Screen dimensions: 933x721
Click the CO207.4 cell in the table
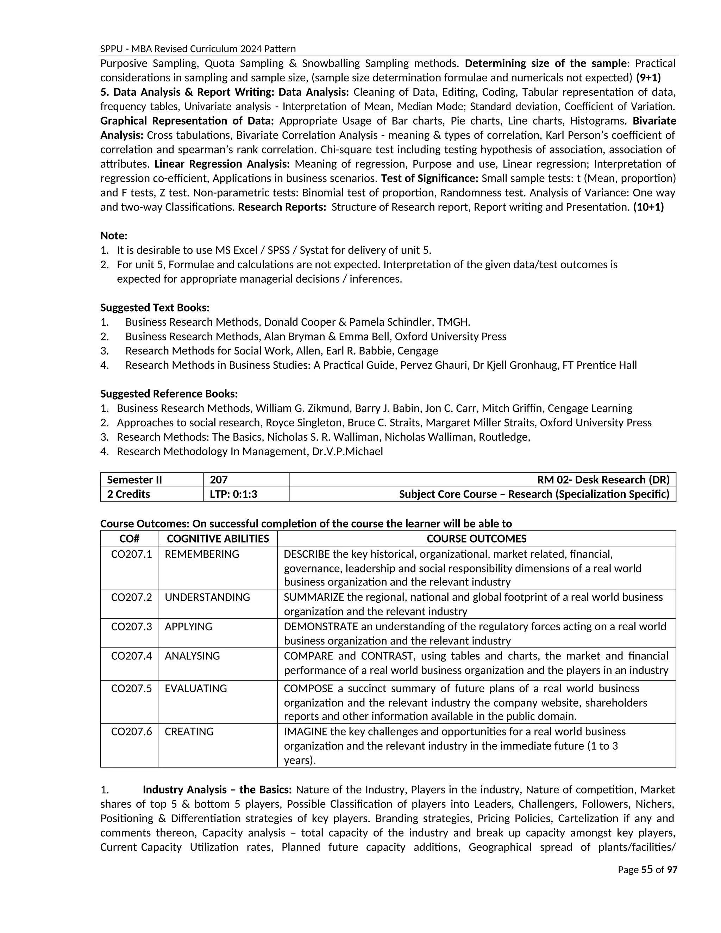coord(131,656)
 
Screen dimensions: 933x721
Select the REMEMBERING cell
coord(202,554)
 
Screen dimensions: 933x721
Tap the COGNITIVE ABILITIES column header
coord(218,539)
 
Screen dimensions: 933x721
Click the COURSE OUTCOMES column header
coord(476,539)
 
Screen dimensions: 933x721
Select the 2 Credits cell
coord(128,494)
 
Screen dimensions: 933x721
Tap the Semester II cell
coord(134,480)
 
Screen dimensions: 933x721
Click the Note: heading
coord(114,236)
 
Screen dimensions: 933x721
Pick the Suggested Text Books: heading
coord(155,308)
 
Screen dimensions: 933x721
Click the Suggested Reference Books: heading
coord(169,394)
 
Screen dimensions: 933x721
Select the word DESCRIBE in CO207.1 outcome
coord(307,554)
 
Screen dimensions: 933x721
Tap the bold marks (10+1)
coord(648,207)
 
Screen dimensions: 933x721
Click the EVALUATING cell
coord(196,688)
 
